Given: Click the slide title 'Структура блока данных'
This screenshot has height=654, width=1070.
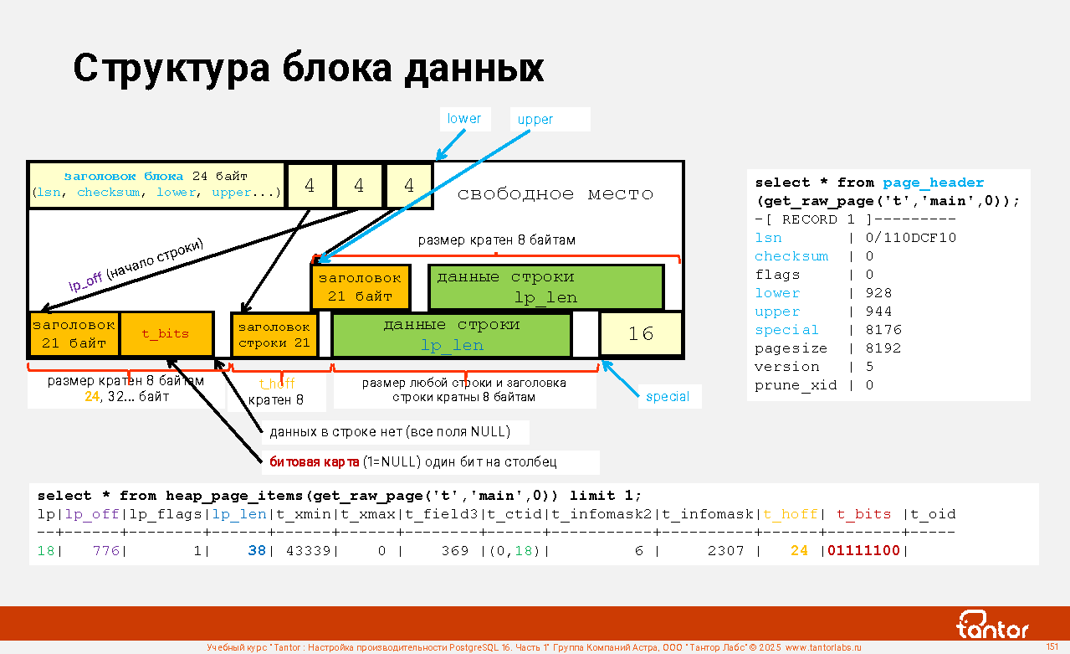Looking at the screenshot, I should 308,69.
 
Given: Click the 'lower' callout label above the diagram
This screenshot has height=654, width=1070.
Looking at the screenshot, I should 464,119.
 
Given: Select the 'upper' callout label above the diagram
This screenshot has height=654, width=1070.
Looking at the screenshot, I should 535,120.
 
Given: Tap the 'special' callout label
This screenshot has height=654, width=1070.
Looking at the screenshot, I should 668,397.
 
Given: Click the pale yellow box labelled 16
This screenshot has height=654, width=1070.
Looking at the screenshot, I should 641,334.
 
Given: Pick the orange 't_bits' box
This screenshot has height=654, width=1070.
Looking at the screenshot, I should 166,334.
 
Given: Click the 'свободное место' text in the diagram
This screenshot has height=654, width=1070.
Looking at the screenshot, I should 555,194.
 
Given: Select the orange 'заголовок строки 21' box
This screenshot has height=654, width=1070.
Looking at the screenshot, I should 274,335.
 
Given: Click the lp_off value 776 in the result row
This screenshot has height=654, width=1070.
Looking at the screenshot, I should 106,551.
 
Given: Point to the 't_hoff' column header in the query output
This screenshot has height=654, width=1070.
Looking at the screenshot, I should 790,515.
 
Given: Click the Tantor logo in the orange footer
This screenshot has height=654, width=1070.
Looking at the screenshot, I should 993,624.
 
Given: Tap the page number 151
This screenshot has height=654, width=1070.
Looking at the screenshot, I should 1052,646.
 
